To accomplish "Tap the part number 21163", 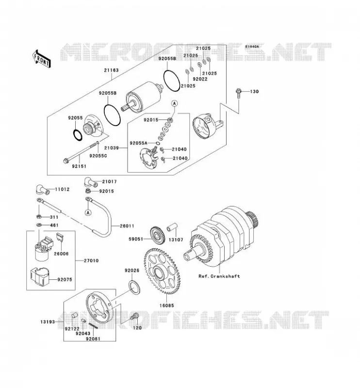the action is click(x=111, y=70).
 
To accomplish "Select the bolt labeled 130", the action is click(x=238, y=93).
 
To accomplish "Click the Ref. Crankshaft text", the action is click(x=219, y=276).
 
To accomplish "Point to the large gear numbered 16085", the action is click(x=162, y=272).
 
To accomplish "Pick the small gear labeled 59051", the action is click(x=157, y=235).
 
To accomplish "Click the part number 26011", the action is click(x=127, y=226).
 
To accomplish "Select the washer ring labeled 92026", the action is click(x=135, y=288).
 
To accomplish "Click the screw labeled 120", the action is click(x=135, y=316).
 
